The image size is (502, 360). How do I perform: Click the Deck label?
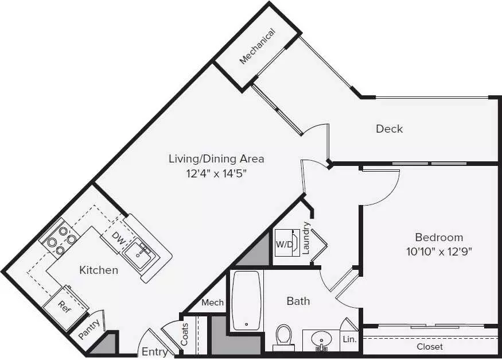coord(389,129)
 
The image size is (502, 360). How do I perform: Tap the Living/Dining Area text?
coord(216,159)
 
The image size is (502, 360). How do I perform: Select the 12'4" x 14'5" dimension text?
coord(217,173)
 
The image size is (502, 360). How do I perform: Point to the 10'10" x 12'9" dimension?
coord(439,251)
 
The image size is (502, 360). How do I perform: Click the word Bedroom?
coord(439,237)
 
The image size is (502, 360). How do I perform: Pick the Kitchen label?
coord(99,270)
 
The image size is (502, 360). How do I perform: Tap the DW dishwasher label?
coord(118,239)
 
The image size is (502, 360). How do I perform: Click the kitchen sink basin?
coord(139,253)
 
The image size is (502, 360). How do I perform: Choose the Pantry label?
coord(89,329)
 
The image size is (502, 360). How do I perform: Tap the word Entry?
coord(155,351)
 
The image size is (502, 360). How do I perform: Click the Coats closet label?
coord(184,334)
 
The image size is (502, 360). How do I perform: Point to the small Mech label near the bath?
coord(213,303)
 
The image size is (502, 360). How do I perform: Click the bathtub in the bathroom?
coord(246,300)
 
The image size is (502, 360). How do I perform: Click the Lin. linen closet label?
coord(349,339)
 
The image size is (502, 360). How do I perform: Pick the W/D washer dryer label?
coord(284,245)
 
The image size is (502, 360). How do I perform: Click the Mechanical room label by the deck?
coord(258,47)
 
